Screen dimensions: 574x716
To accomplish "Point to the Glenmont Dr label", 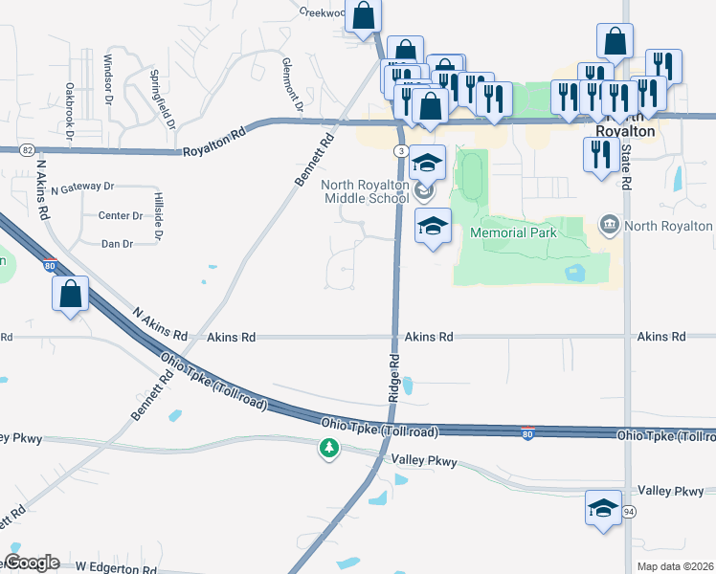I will pyautogui.click(x=292, y=82).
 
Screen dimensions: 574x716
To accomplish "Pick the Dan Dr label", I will pyautogui.click(x=117, y=244).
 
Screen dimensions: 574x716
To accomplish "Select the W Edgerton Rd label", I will pyautogui.click(x=116, y=568).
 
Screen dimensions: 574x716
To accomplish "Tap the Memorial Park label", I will pyautogui.click(x=512, y=232).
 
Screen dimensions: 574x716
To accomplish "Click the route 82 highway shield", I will pyautogui.click(x=27, y=150).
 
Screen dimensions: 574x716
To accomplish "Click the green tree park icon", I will pyautogui.click(x=329, y=448).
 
